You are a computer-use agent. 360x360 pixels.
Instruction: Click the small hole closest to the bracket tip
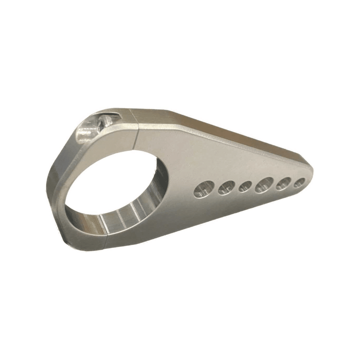300,182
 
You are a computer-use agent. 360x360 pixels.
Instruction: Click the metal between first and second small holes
215,189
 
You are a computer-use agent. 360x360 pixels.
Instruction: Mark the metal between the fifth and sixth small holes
293,183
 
